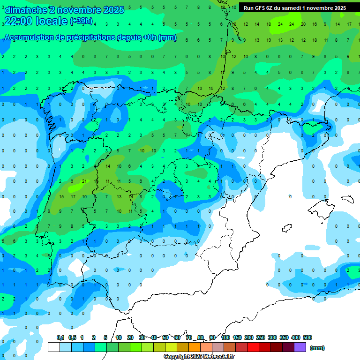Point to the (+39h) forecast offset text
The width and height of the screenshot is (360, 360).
(81, 21)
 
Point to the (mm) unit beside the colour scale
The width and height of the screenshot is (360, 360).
(317, 348)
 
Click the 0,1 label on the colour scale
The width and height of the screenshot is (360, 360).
(60, 337)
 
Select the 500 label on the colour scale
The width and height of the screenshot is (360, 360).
(307, 337)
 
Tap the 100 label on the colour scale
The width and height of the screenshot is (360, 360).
(225, 337)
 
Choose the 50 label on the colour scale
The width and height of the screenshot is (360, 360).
(165, 337)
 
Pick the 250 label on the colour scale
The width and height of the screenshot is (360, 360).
(261, 337)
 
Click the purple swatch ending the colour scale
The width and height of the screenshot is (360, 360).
(300, 347)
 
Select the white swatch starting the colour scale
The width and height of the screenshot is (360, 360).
(53, 347)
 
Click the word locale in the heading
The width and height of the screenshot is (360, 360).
(50, 21)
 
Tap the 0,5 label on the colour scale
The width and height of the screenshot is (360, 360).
(72, 337)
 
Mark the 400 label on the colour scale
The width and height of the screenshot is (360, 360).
(296, 337)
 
